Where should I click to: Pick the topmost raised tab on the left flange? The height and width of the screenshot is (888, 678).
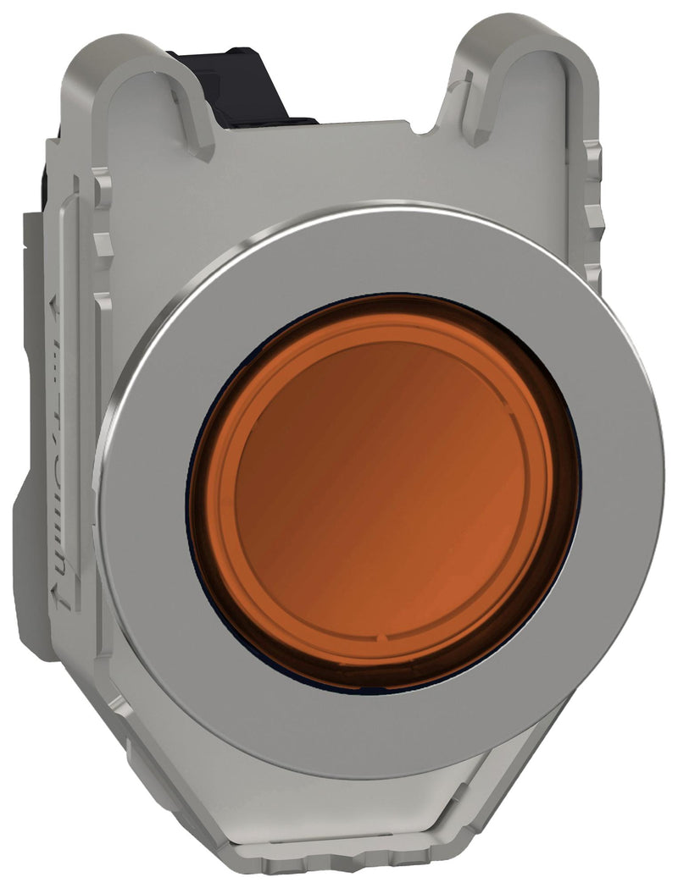(x=102, y=182)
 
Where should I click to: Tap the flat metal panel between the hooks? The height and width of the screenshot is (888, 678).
(x=339, y=169)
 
